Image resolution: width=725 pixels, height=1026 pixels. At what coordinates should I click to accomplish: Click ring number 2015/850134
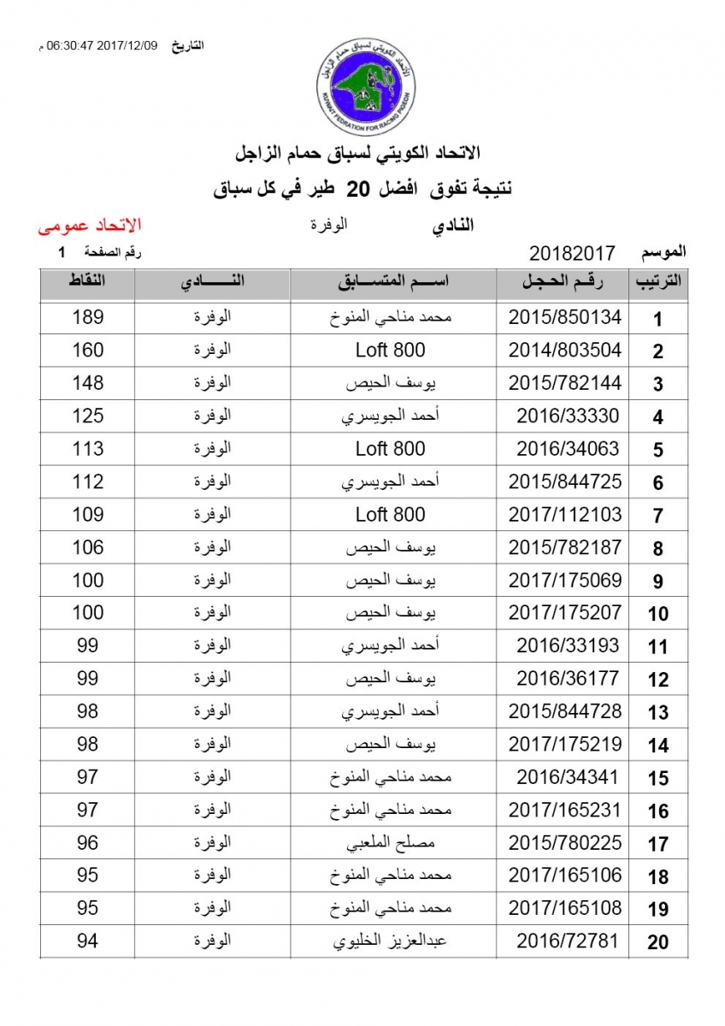tap(565, 318)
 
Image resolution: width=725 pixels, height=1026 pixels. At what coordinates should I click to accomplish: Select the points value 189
tap(88, 317)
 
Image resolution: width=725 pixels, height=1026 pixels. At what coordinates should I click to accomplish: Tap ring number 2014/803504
tap(565, 351)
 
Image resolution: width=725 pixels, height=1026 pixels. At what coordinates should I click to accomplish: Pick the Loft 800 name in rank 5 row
tap(390, 449)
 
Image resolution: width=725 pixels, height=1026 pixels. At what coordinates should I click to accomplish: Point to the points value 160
tap(88, 350)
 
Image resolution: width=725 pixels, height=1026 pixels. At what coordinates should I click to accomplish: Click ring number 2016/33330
tap(569, 416)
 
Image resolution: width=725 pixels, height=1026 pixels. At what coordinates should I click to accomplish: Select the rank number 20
tap(657, 943)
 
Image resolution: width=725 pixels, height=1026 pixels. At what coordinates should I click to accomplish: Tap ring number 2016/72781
tap(569, 942)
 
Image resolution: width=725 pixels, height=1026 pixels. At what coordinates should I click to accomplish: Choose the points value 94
tap(88, 941)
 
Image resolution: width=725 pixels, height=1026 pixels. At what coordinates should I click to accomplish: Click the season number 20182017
tap(573, 253)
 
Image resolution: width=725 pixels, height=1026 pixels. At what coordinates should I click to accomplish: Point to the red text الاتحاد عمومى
tap(89, 227)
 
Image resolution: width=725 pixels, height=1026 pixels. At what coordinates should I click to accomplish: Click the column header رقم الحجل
tap(563, 284)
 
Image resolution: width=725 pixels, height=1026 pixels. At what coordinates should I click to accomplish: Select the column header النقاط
tap(88, 282)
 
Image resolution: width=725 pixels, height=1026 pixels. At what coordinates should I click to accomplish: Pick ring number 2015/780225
tap(565, 843)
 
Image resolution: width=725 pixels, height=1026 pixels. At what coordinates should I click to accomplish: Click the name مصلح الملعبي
tap(393, 843)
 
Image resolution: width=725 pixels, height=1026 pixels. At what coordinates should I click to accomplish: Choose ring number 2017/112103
tap(565, 515)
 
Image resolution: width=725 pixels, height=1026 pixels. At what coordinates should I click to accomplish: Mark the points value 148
tap(88, 382)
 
